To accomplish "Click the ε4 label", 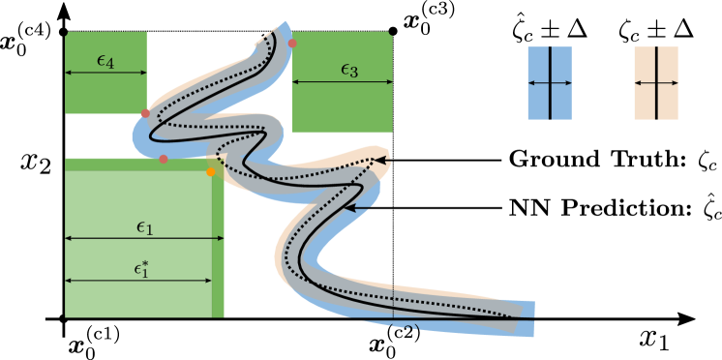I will pos(105,60).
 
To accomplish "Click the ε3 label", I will pos(349,70).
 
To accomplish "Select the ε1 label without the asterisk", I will pos(144,227).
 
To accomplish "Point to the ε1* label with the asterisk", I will pos(141,269).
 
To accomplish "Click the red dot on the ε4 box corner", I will pos(145,113).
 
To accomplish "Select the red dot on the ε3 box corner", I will pos(292,44).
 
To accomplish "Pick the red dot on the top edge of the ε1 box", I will pos(164,159).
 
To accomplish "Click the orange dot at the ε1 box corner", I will pos(211,172).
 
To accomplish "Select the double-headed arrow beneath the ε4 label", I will pos(105,73).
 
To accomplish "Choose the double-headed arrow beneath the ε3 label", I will pos(343,82).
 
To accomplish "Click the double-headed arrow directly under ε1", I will pos(144,238).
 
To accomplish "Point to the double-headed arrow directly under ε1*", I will pos(138,281).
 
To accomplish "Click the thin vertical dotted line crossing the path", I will pos(393,300).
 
